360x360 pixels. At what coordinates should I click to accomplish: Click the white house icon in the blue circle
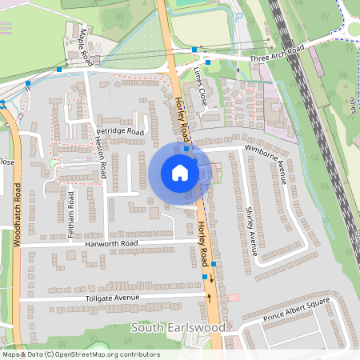tap(180, 173)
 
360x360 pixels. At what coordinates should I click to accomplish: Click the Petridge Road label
tap(119, 130)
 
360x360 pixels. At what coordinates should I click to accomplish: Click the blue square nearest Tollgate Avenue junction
tap(206, 277)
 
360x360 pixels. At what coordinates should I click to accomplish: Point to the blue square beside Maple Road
tap(59, 70)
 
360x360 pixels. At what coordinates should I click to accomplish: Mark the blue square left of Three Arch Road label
tap(208, 62)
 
